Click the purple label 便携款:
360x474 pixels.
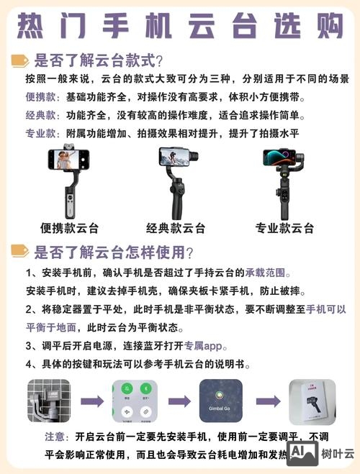[x=44, y=97]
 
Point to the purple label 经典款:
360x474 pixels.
[x=44, y=115]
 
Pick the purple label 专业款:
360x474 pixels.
[x=44, y=134]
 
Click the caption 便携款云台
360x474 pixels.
[x=69, y=228]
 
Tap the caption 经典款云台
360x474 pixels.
[x=176, y=228]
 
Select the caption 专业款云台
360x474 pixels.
[x=284, y=228]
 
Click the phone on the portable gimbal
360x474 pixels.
[x=68, y=159]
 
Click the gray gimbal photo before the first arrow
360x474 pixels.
[x=49, y=401]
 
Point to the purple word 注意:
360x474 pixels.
[x=57, y=437]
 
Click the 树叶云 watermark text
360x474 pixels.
[x=338, y=454]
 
